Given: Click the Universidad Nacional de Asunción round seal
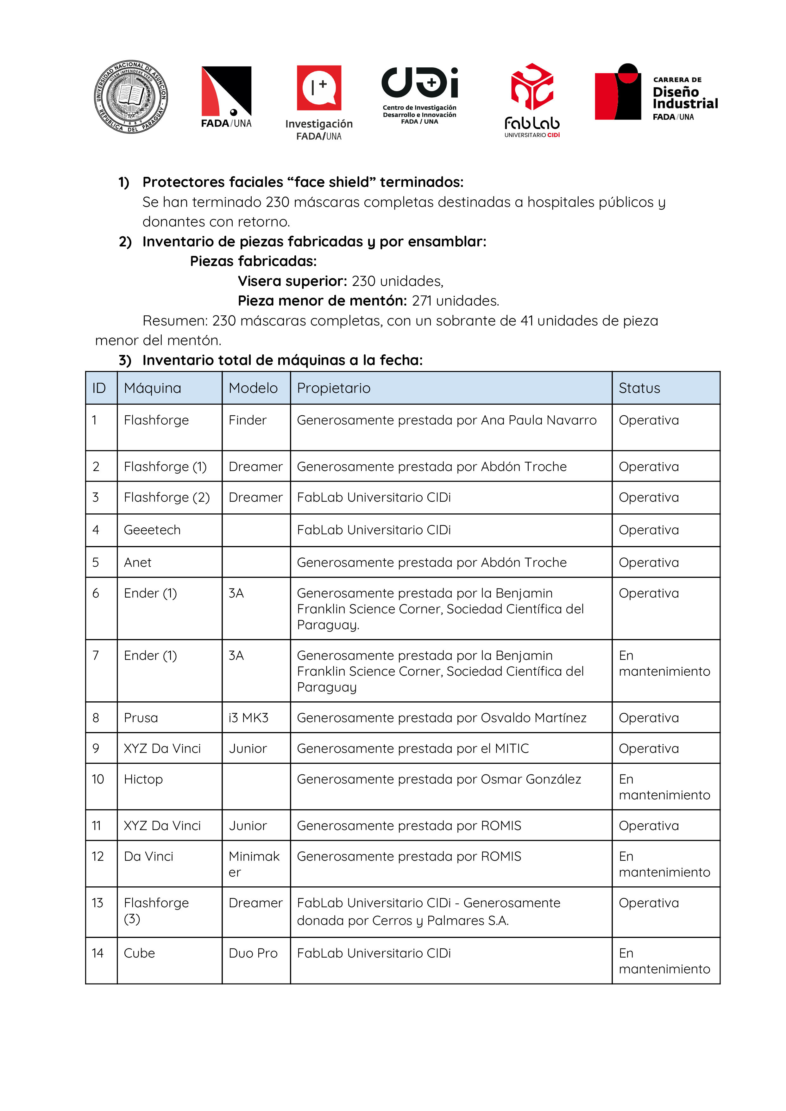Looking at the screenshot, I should [131, 97].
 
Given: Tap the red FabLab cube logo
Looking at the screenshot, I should [532, 87].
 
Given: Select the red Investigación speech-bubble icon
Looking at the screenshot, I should [319, 88].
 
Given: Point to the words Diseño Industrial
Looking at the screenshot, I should [685, 98].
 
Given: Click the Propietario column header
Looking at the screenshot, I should [334, 388].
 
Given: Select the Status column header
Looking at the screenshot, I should [639, 388].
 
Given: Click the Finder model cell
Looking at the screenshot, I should [248, 420].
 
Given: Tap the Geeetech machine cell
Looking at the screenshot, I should [152, 530].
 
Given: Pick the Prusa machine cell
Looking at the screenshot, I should [141, 717].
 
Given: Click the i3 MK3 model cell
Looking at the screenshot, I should [248, 717].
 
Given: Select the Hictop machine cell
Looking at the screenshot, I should [143, 779].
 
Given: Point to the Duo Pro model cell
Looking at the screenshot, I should [253, 953].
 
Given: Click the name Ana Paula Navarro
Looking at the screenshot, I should [538, 420].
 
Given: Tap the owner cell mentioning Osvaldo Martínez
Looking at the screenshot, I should [441, 717].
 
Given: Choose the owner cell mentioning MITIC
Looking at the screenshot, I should [412, 748].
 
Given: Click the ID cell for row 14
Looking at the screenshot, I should [98, 953].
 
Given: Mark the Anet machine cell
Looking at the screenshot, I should [137, 562].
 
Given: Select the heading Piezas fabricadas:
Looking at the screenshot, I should [253, 261].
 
